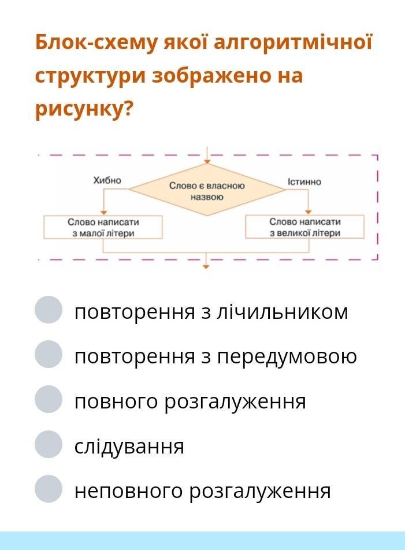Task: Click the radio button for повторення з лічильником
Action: (x=49, y=310)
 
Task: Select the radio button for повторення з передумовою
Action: (x=49, y=354)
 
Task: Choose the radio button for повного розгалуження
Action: (x=49, y=399)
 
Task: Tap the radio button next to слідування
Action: (x=49, y=444)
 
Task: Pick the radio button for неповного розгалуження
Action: (x=49, y=489)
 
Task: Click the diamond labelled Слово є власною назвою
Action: (x=207, y=189)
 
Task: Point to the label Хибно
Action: (x=107, y=180)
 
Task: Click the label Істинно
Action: (x=304, y=181)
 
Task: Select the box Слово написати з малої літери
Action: (x=103, y=227)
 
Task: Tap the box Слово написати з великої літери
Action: (x=304, y=227)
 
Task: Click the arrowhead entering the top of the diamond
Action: (x=207, y=162)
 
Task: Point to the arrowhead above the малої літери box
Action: (x=103, y=213)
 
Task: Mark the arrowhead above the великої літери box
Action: (x=309, y=212)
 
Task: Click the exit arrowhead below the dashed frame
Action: (x=206, y=267)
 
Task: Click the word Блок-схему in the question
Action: (x=95, y=43)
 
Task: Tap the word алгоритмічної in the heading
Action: (x=293, y=42)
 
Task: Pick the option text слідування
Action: (x=129, y=446)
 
